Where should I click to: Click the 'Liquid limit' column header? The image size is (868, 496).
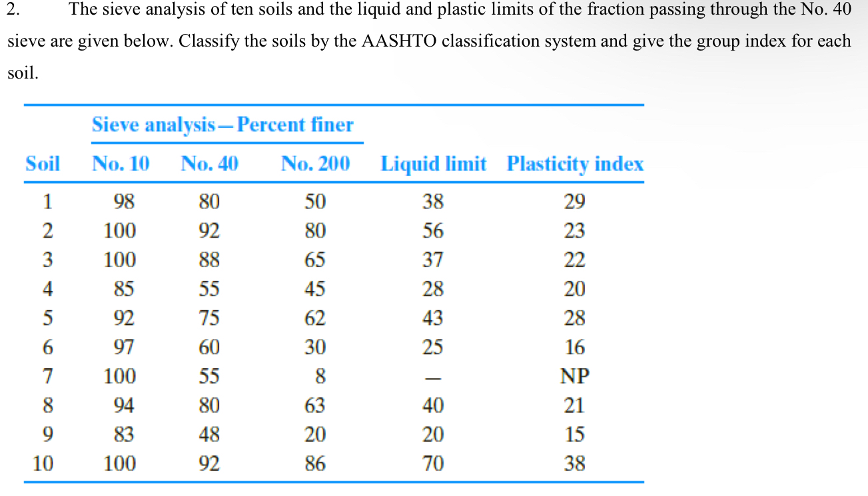coord(433,164)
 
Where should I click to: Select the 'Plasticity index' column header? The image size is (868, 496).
coord(575,164)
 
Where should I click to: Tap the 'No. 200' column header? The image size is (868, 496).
coord(315,164)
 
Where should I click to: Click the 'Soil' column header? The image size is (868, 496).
coord(43,164)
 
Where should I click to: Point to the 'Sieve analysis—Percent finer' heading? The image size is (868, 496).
coord(222,125)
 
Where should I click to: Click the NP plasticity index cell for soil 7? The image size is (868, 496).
coord(574,377)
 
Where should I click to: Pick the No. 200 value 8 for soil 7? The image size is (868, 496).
coord(320,377)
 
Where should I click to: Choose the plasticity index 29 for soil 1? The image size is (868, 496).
coord(574,202)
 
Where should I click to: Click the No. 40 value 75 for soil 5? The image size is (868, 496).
coord(209,318)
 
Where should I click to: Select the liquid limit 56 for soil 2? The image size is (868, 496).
coord(433,231)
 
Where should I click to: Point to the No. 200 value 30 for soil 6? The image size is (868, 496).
coord(315,348)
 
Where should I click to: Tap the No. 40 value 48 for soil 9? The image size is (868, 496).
coord(209,435)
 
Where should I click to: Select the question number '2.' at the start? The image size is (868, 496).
coord(13,9)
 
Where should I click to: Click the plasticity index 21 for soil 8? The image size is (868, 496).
coord(574,405)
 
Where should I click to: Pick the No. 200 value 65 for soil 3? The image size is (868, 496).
coord(315,260)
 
